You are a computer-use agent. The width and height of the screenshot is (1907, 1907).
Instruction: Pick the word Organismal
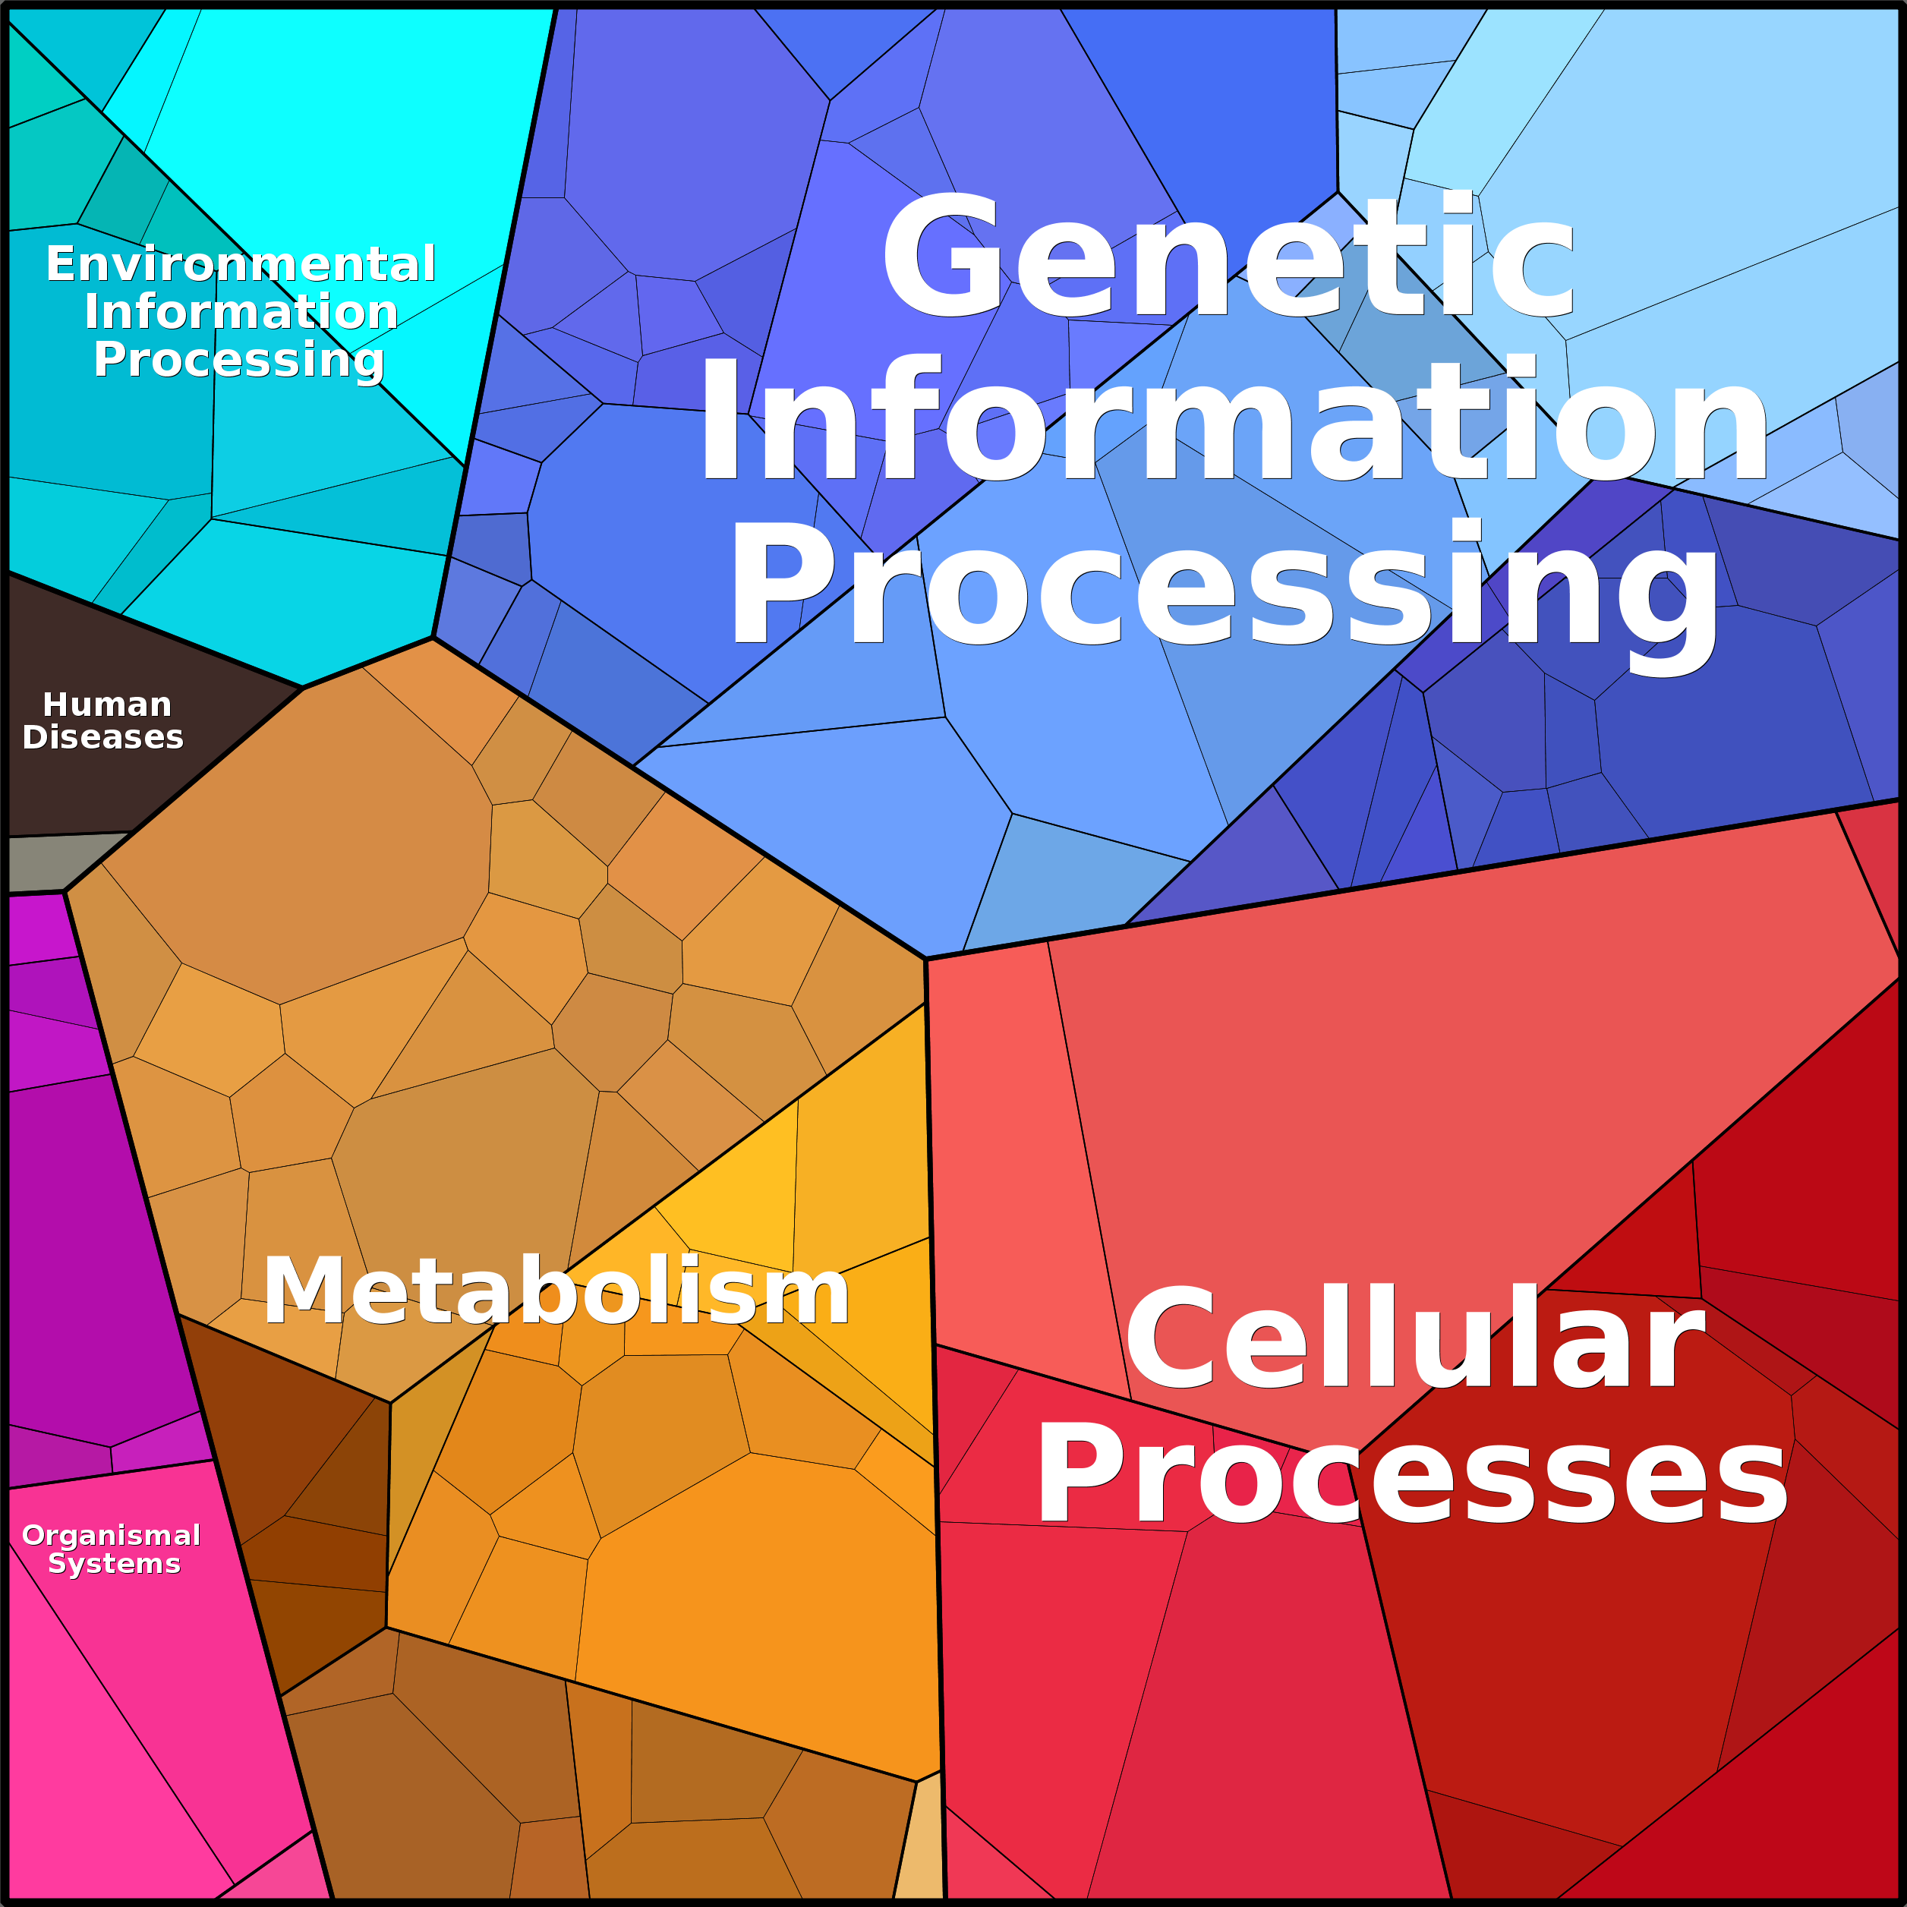click(x=112, y=1535)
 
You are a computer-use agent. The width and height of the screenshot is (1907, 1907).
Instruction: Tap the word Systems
click(x=115, y=1564)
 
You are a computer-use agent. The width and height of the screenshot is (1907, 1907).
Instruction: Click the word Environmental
click(x=241, y=264)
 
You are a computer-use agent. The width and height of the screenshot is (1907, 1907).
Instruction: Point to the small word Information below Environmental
click(x=241, y=312)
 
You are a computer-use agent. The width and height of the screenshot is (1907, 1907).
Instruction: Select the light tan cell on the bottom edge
click(x=921, y=1839)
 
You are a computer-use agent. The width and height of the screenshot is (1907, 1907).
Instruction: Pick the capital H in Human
click(x=55, y=704)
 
